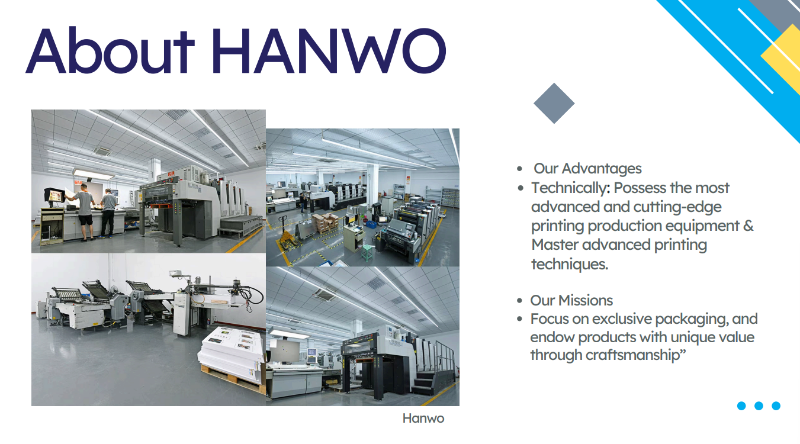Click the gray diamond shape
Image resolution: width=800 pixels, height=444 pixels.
coord(554,103)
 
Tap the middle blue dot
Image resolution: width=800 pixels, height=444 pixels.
coord(759,406)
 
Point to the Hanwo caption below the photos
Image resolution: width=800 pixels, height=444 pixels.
coord(423,419)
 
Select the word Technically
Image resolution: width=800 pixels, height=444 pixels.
coord(567,188)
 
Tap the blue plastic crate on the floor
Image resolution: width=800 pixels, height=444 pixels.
coord(370,223)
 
